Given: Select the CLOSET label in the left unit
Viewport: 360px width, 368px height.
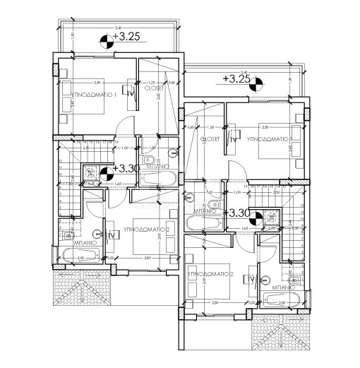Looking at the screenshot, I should (154, 88).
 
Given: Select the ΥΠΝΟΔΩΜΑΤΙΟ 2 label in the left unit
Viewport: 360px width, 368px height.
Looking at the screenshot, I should (149, 230).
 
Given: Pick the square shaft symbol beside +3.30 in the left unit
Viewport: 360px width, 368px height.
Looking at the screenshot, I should (90, 173).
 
